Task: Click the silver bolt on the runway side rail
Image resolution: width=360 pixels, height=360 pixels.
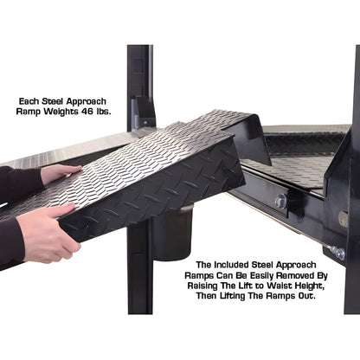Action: (280, 201)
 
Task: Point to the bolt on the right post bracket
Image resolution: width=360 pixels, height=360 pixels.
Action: (337, 252)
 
